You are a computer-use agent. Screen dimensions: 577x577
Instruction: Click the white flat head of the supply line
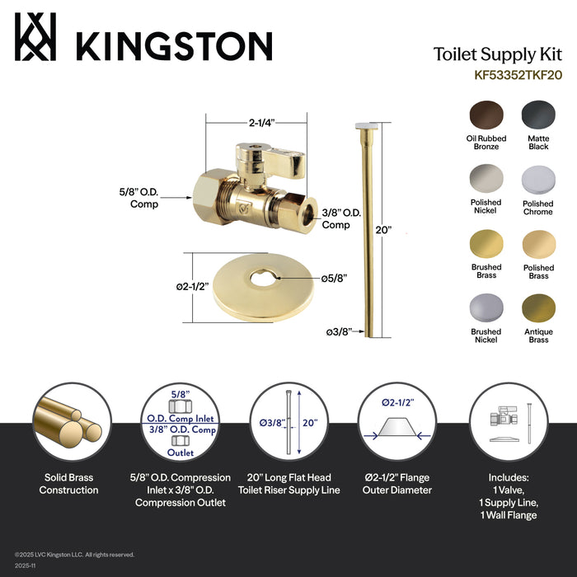click(368, 124)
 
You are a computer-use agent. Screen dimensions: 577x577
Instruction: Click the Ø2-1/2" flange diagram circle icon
click(397, 423)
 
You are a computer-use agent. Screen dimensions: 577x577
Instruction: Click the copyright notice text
click(74, 555)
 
